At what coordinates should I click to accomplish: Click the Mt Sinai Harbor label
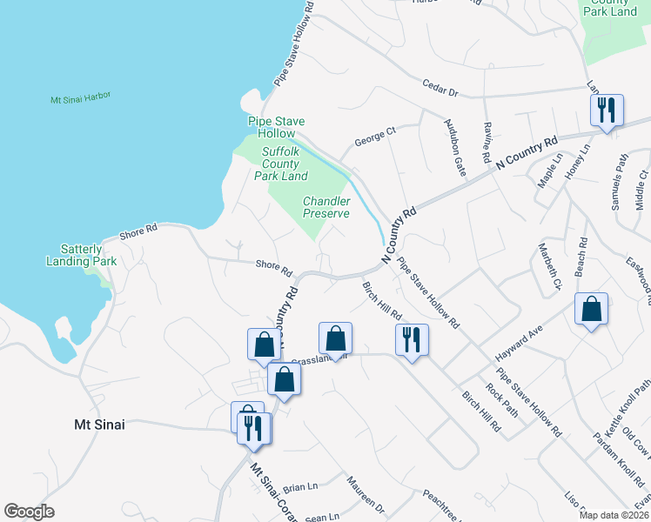(x=80, y=97)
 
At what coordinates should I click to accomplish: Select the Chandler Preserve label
(x=326, y=207)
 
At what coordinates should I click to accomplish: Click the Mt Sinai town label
(x=98, y=425)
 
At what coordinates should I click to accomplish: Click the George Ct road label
(x=375, y=136)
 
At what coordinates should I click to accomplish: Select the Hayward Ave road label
(x=519, y=344)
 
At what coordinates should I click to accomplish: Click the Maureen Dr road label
(x=365, y=493)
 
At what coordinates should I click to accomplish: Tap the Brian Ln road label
(x=300, y=487)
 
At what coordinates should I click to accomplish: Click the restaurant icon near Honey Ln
(x=606, y=110)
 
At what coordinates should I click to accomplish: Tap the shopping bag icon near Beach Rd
(x=591, y=309)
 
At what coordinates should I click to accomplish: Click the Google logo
(x=29, y=512)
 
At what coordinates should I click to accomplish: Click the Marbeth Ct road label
(x=550, y=265)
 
